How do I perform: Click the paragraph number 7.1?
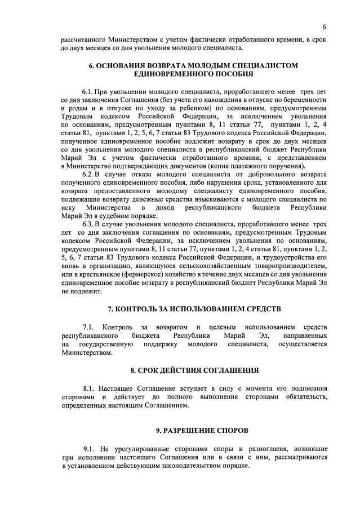tap(90, 327)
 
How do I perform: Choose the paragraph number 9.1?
tap(90, 448)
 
